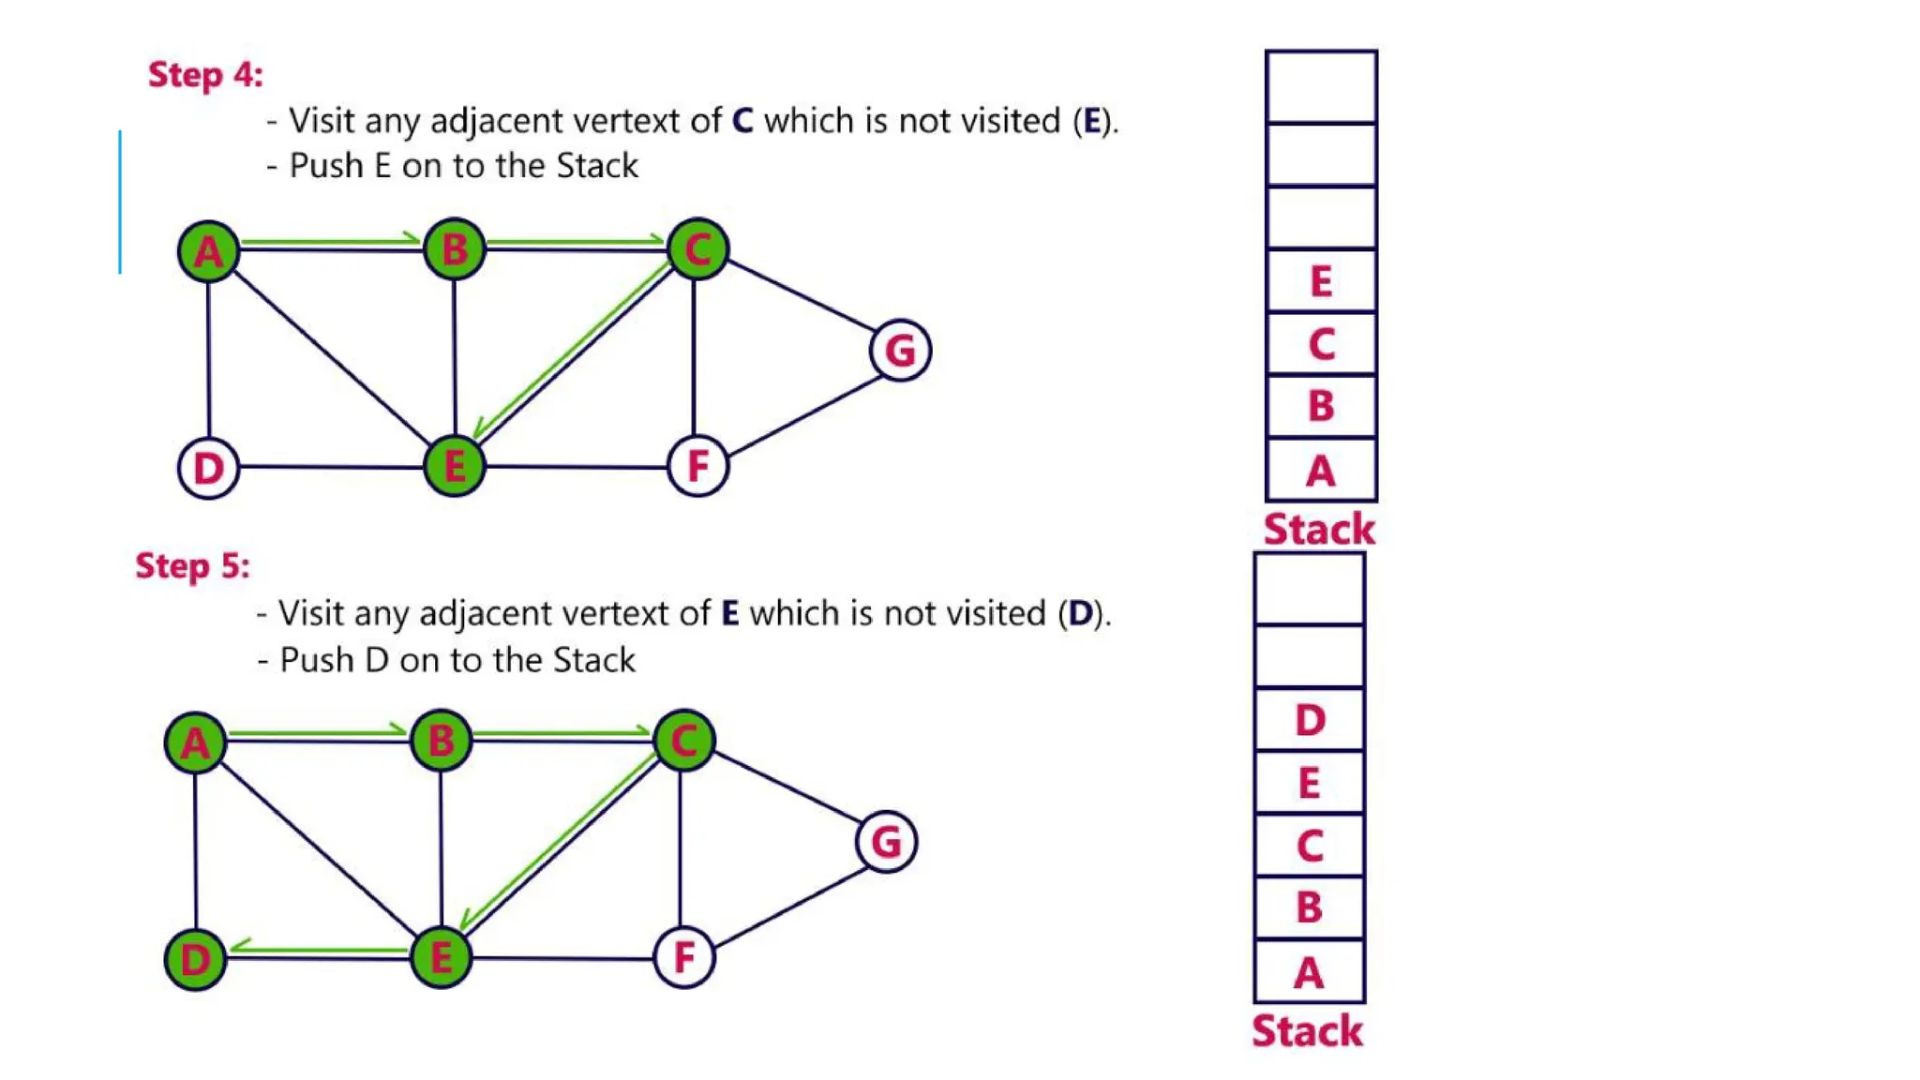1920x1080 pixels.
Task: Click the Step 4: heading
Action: pos(205,75)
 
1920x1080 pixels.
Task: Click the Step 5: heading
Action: pos(192,566)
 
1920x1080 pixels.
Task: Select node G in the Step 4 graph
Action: pos(900,351)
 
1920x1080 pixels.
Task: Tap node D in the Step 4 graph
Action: pos(208,468)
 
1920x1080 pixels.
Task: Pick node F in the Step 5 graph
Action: pos(684,957)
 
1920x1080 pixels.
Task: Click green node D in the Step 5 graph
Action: pos(195,959)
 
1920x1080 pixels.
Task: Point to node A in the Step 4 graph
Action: pos(208,250)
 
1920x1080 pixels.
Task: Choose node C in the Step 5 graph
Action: pos(684,741)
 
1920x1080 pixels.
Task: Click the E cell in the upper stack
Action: pos(1321,281)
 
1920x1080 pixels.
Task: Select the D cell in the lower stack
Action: pos(1310,720)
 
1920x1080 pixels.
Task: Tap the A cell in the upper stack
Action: pos(1321,470)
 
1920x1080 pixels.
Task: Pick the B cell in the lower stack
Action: pos(1310,907)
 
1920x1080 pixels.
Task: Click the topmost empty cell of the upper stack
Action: pos(1321,87)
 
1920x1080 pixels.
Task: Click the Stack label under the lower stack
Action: pos(1307,1031)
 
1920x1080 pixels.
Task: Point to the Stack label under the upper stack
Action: pos(1319,530)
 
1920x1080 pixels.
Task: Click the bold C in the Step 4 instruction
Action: pos(742,121)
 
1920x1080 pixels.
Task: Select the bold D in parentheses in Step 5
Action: pos(1080,614)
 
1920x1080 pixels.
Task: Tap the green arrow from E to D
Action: pos(319,949)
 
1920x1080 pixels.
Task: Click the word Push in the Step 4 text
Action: pos(325,166)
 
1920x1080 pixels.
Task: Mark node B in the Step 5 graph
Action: pos(441,741)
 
